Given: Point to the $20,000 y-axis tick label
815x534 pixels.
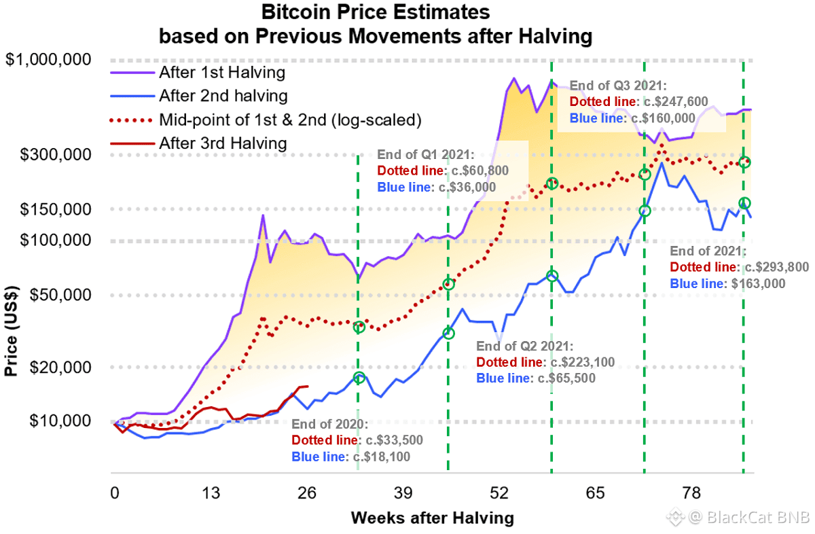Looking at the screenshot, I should pyautogui.click(x=61, y=368).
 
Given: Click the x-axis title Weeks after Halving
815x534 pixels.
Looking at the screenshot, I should pyautogui.click(x=432, y=518).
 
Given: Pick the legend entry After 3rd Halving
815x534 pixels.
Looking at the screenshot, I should pyautogui.click(x=223, y=143).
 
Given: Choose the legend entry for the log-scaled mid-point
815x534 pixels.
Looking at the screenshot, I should pyautogui.click(x=291, y=120).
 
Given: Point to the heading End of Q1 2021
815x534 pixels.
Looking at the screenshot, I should pyautogui.click(x=425, y=154).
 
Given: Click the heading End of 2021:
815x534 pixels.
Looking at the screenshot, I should pyautogui.click(x=708, y=251).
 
